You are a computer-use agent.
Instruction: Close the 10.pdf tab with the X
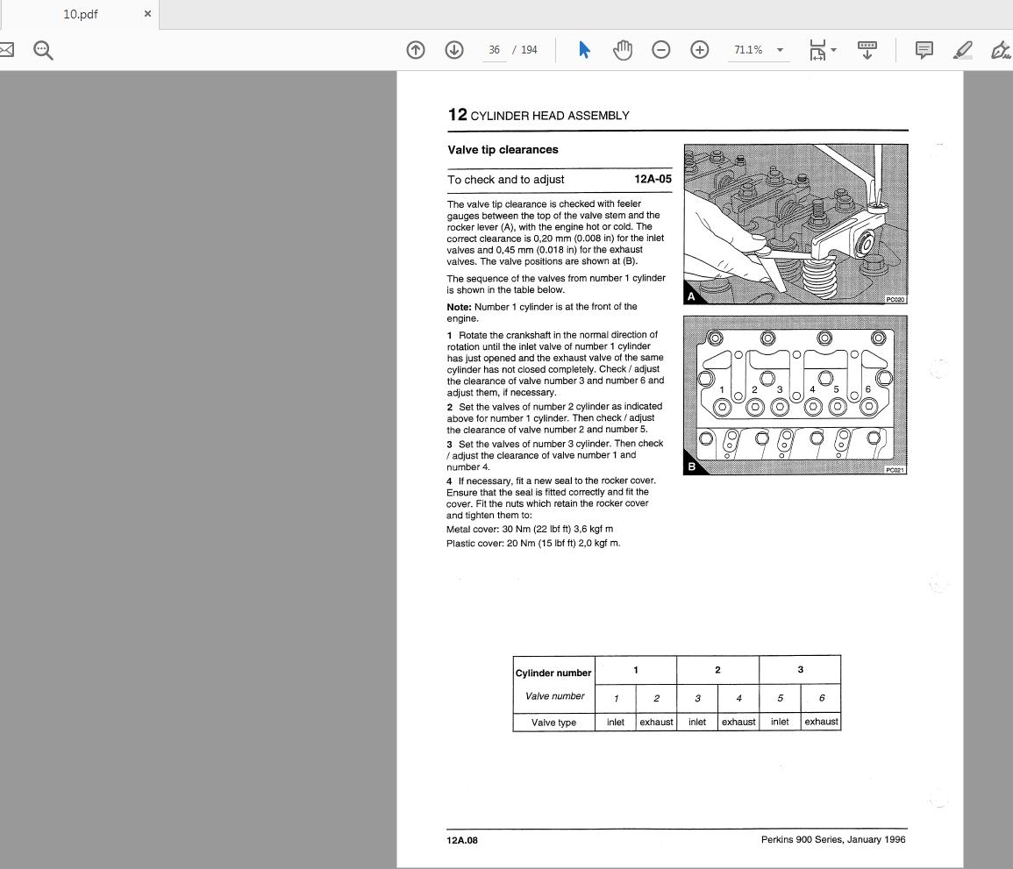(147, 14)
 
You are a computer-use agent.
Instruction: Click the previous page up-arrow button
(416, 50)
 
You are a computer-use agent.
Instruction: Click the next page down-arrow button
(454, 50)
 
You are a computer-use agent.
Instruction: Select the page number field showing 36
(495, 50)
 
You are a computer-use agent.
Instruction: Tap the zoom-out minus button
(661, 50)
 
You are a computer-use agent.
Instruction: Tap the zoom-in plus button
(699, 50)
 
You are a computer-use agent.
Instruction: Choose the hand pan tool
(623, 50)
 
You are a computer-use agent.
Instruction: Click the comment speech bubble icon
(924, 50)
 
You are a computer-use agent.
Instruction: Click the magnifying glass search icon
(43, 50)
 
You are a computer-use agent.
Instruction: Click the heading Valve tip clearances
(503, 150)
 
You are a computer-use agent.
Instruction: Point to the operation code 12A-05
(653, 180)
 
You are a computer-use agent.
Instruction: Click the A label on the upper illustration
(691, 296)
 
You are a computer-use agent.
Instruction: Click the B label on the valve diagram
(691, 467)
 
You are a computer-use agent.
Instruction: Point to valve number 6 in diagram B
(867, 389)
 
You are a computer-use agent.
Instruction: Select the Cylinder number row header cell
(553, 673)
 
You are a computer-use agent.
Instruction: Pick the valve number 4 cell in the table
(738, 698)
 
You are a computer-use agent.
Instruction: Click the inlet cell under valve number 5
(780, 722)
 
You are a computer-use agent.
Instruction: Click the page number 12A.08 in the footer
(462, 840)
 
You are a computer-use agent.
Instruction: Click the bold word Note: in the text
(459, 307)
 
